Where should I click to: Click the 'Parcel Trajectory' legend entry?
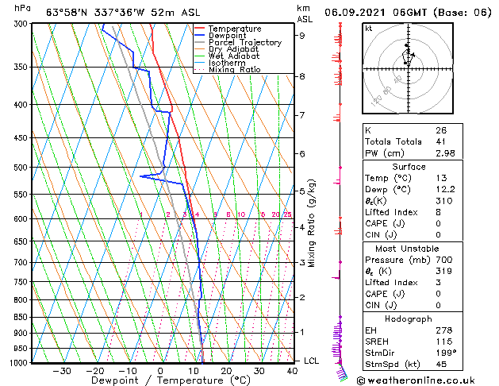[x=244, y=43]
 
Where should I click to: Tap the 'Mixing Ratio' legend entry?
[x=235, y=70]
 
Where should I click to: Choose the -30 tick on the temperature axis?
[x=62, y=371]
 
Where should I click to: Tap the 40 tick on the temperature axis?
[x=292, y=371]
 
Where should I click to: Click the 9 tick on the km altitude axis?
[x=302, y=35]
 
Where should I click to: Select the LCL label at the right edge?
[x=312, y=361]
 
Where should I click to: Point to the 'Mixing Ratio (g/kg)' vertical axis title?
[x=312, y=222]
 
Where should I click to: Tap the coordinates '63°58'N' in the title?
[x=68, y=12]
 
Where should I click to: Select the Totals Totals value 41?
[x=440, y=142]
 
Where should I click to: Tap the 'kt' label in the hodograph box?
[x=369, y=29]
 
